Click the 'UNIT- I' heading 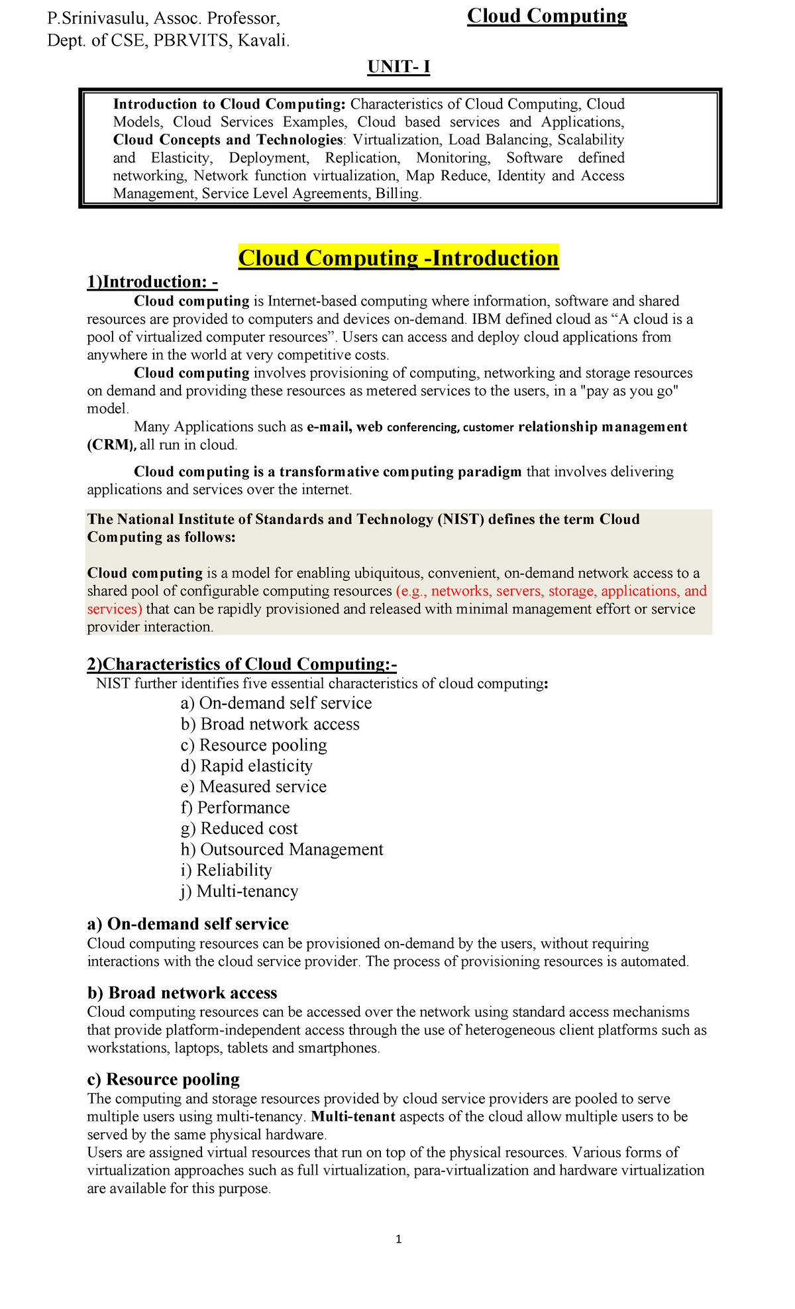pyautogui.click(x=399, y=67)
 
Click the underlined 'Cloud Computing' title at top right pyautogui.click(x=547, y=16)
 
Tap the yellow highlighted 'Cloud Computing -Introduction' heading pyautogui.click(x=398, y=258)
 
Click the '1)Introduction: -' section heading pyautogui.click(x=152, y=282)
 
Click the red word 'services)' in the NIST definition pyautogui.click(x=115, y=609)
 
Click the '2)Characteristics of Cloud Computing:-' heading pyautogui.click(x=242, y=664)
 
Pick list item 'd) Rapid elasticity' pyautogui.click(x=246, y=766)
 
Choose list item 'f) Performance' pyautogui.click(x=235, y=808)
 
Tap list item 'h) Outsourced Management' pyautogui.click(x=282, y=849)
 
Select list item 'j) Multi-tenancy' pyautogui.click(x=239, y=891)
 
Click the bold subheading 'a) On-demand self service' pyautogui.click(x=187, y=924)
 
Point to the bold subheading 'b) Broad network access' pyautogui.click(x=182, y=993)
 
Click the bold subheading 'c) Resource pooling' pyautogui.click(x=163, y=1080)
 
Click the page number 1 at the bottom pyautogui.click(x=398, y=1239)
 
